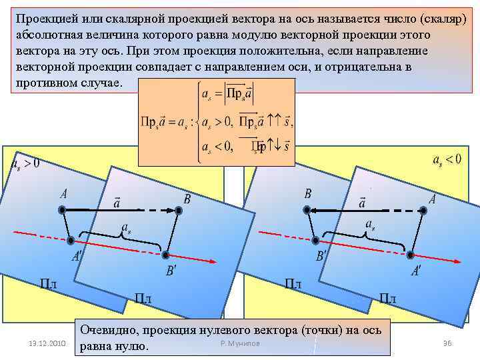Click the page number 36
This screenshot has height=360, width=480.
point(447,343)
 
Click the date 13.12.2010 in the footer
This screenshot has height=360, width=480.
point(46,343)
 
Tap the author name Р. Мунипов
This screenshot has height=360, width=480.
point(240,343)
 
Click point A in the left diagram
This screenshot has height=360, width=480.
point(62,210)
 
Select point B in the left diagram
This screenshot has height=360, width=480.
point(179,211)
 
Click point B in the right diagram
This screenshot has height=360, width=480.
point(308,209)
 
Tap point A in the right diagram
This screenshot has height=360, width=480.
point(423,209)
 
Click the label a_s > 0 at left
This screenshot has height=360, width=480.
point(25,163)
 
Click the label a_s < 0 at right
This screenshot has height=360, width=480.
point(447,160)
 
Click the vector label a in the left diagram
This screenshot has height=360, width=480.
point(117,201)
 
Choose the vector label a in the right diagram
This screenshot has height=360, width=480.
point(363,201)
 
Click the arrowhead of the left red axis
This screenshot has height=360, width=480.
point(216,260)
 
